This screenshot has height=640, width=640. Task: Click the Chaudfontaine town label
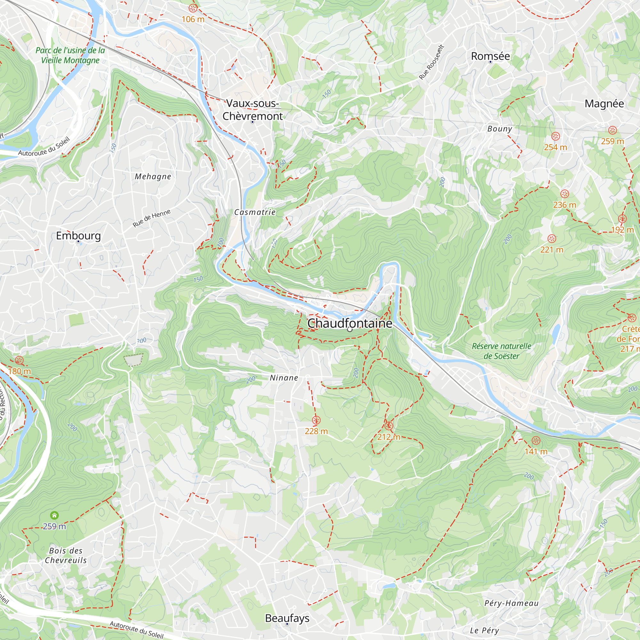pos(349,323)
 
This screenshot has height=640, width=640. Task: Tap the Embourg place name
pos(78,236)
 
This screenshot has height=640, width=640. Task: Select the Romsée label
pos(490,56)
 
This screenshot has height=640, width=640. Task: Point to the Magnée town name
pos(604,104)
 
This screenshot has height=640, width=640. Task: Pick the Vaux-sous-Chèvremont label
pos(252,110)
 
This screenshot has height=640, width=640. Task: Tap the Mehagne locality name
pos(153,177)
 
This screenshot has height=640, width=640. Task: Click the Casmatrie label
pos(255,212)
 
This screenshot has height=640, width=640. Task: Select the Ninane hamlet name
pos(284,378)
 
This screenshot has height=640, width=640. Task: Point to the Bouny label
pos(500,129)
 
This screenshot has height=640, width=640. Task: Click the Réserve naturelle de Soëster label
pos(501,351)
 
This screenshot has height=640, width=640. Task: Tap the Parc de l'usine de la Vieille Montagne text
pos(70,55)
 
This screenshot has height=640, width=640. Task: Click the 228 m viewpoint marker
pos(316,420)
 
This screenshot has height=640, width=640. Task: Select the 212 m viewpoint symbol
pos(388,426)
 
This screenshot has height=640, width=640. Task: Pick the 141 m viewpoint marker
pos(536,441)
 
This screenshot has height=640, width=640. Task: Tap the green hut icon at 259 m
pos(54,515)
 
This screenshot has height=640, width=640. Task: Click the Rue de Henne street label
pos(151,218)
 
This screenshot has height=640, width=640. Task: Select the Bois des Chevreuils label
pos(66,556)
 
